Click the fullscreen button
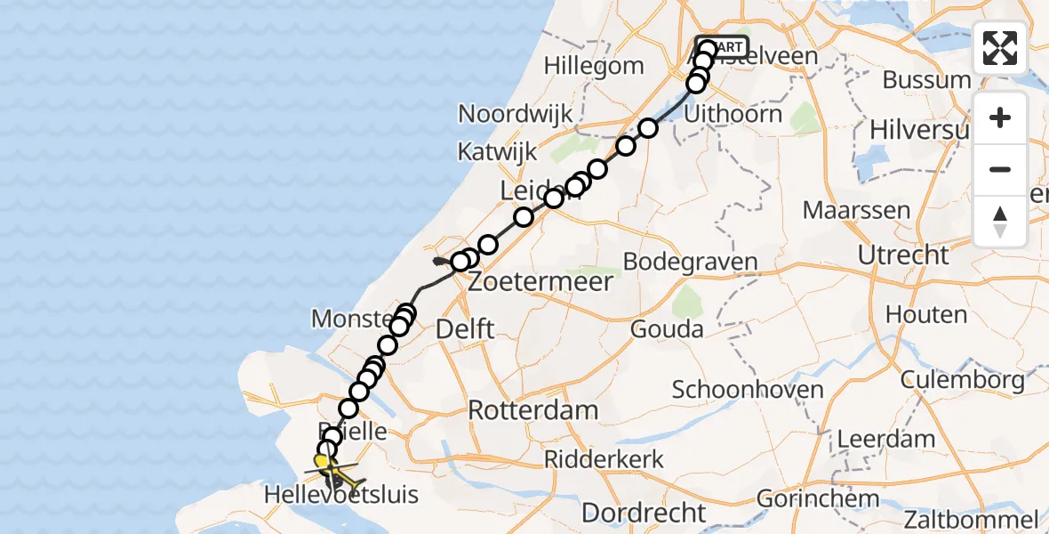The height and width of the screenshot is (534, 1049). coord(1000,48)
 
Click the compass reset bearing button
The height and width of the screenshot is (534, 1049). coord(1000,221)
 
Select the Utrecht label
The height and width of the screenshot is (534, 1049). coord(903,255)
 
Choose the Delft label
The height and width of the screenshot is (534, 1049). coord(465,328)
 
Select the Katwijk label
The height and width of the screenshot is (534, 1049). coord(495,151)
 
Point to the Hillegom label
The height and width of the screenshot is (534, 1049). coord(594,66)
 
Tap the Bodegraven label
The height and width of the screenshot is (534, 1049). coord(690,262)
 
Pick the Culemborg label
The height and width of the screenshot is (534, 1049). coord(962,381)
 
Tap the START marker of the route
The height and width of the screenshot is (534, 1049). coord(728,46)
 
